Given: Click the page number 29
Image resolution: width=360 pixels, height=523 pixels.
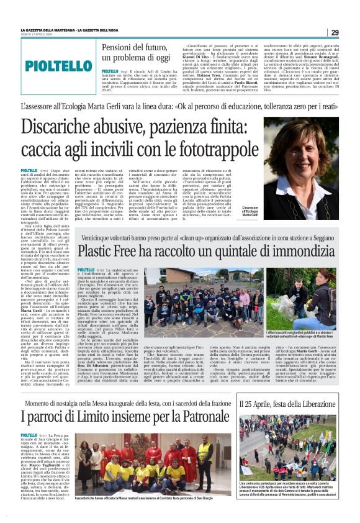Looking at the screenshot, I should click(x=335, y=32).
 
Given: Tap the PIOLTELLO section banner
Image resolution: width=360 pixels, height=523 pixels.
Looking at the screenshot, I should click(x=59, y=65).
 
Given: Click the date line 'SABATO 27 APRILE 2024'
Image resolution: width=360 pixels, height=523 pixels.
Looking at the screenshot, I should click(x=38, y=35).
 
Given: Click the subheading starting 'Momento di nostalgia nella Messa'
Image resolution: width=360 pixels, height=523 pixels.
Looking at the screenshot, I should click(x=124, y=386).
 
